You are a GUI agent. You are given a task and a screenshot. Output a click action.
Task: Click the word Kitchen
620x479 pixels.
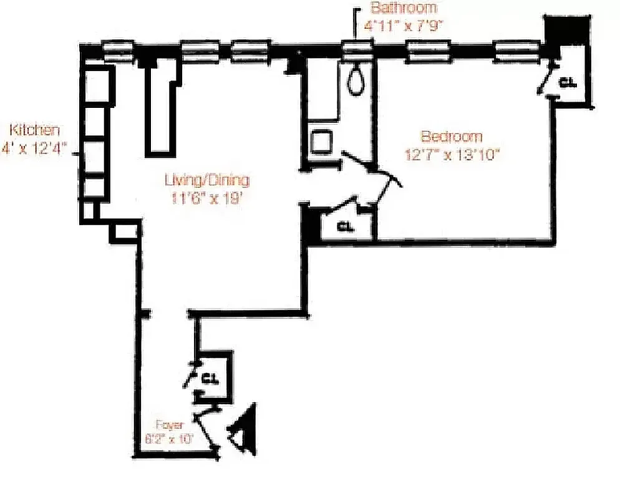(36, 130)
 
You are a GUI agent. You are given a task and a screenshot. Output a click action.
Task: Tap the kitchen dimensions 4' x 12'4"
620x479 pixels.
(35, 150)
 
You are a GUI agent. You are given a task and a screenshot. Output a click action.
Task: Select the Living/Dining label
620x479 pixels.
(207, 181)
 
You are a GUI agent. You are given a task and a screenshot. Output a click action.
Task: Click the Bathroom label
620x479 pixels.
(403, 9)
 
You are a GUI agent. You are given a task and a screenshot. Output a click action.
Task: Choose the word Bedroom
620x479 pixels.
(452, 137)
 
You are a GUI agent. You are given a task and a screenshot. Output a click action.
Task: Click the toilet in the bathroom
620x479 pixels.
(356, 80)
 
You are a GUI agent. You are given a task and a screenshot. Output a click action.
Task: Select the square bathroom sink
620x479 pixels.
(322, 142)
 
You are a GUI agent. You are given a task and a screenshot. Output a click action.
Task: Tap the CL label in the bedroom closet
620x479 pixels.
(567, 82)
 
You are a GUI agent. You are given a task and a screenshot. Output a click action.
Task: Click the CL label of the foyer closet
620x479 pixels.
(210, 378)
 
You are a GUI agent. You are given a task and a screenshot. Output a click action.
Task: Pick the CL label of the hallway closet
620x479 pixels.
(345, 226)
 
